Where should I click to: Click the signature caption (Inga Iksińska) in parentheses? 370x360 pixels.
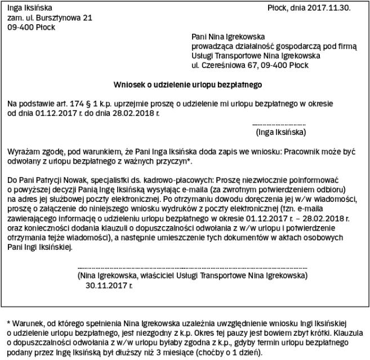pyautogui.click(x=280, y=132)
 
